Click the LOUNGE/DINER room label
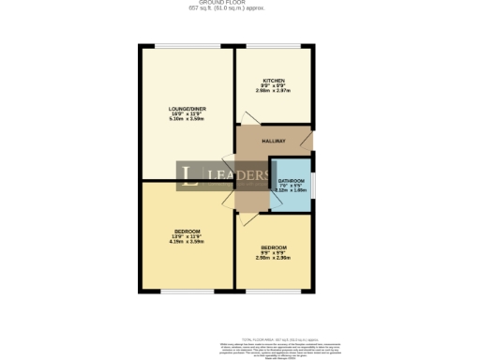[186, 110]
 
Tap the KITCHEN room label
[274, 81]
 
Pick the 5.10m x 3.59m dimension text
[186, 120]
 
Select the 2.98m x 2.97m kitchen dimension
[274, 91]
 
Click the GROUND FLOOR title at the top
[239, 3]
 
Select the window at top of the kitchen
[273, 46]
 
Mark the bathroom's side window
[314, 186]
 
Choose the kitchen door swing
[246, 119]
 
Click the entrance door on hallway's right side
[311, 143]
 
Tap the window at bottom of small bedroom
[273, 290]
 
